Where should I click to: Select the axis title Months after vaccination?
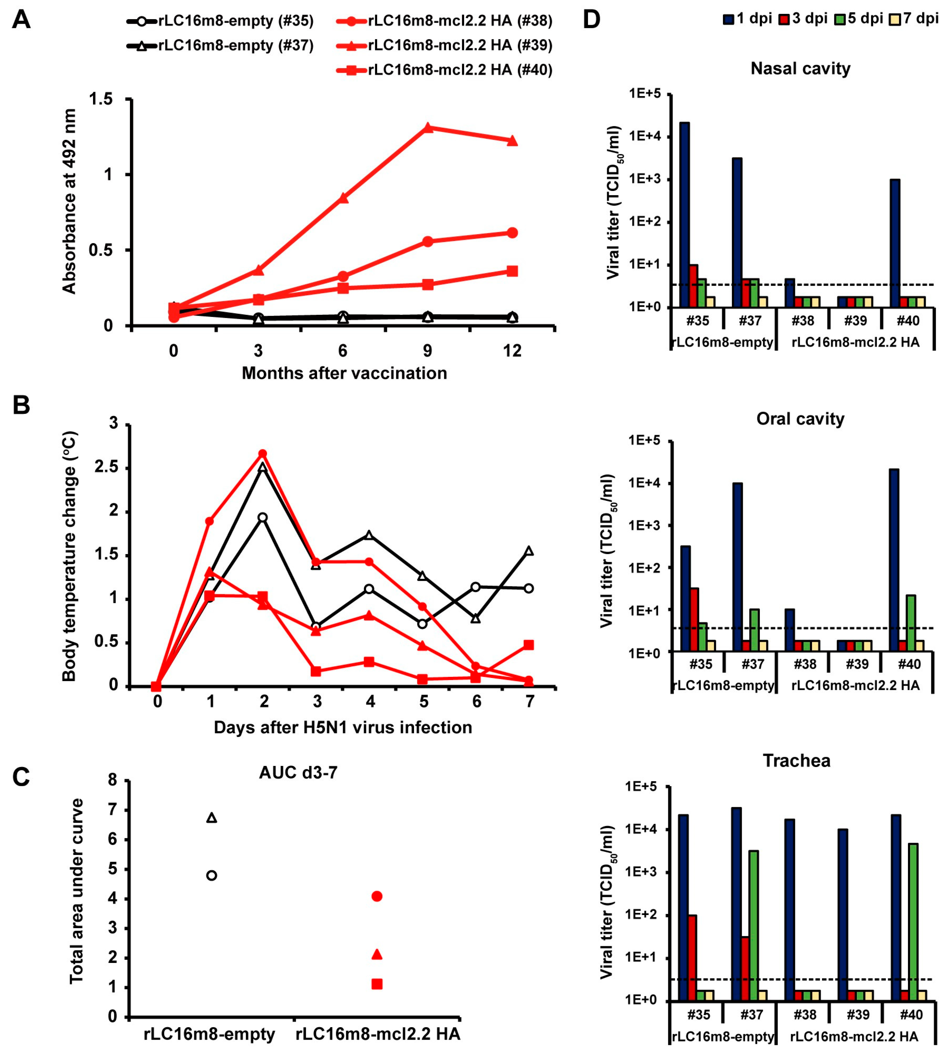[344, 373]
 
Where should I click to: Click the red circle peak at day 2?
[263, 454]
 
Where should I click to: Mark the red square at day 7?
[529, 645]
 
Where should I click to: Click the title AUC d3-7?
[298, 772]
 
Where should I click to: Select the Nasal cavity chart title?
[800, 69]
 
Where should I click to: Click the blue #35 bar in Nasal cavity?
[685, 214]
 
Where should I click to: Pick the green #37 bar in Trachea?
[753, 925]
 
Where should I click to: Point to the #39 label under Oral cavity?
[856, 664]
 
